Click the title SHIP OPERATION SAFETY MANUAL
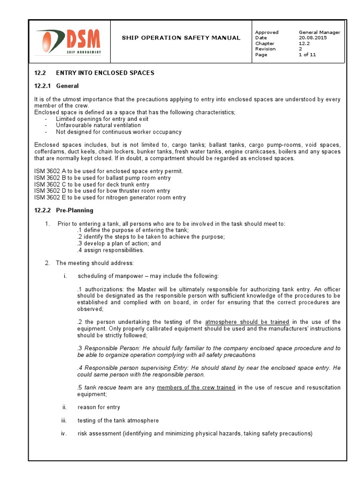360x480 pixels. [x=181, y=38]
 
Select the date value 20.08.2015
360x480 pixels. [x=313, y=38]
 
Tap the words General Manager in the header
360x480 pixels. [x=319, y=32]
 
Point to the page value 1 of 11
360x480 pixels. [x=307, y=55]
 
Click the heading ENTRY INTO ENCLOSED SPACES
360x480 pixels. [x=105, y=73]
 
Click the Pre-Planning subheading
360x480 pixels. [x=75, y=210]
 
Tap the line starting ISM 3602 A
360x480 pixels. [x=108, y=172]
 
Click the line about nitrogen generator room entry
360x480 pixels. [x=110, y=198]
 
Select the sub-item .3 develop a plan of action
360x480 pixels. [x=119, y=244]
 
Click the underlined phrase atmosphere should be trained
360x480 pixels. [x=247, y=322]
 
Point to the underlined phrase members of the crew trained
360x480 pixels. [x=196, y=388]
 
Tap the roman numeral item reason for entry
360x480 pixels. [x=98, y=407]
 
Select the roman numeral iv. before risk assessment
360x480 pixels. [x=64, y=434]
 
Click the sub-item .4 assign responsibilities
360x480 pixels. [x=111, y=250]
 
